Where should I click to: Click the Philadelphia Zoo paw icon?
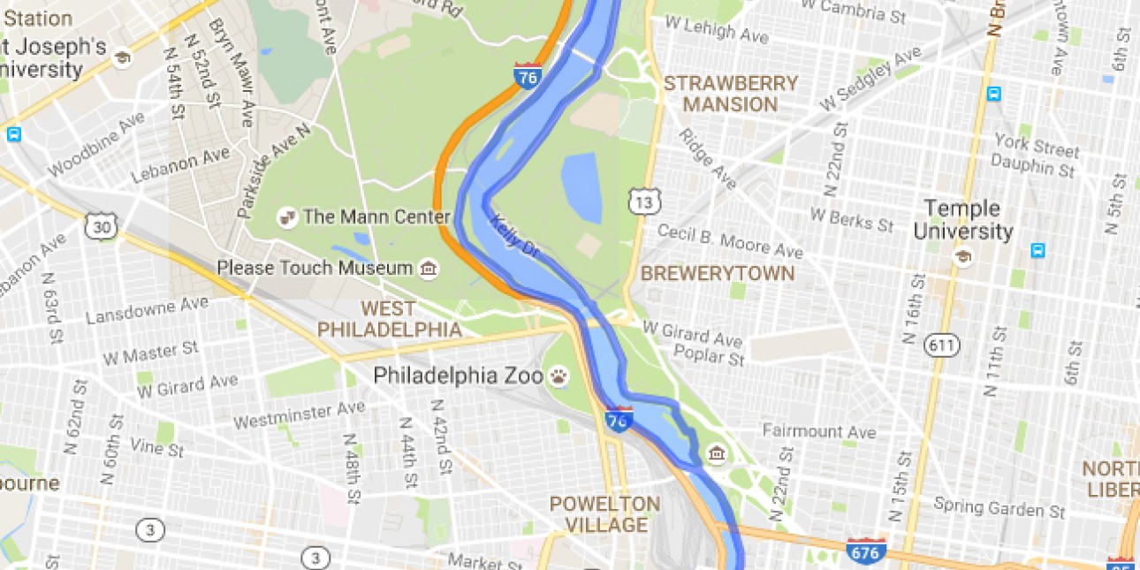coord(559,376)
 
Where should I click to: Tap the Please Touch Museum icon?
coord(429,268)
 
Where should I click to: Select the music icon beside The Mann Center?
coord(286,216)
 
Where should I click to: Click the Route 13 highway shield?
coord(643,202)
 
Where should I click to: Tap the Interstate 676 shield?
coord(865,551)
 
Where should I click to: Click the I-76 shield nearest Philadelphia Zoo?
coord(619,419)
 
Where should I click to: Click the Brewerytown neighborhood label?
coord(718,273)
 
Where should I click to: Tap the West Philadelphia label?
coord(389,319)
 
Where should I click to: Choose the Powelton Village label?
coord(604,514)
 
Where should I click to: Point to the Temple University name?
coord(962,220)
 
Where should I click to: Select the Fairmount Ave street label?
coord(819,432)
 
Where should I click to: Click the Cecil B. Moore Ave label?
coord(730,239)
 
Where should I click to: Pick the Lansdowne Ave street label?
coord(148,310)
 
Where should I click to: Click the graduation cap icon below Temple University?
coord(962,257)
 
